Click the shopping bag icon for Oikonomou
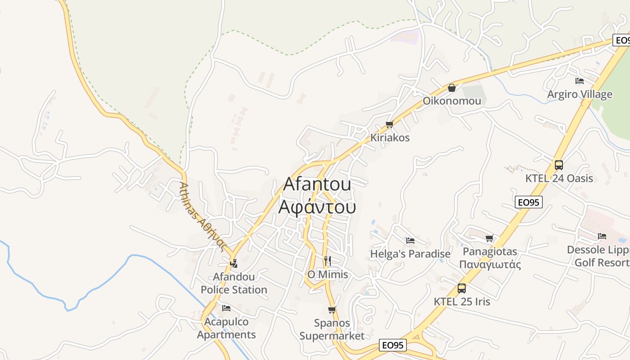pos(451,88)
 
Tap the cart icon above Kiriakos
pos(390,125)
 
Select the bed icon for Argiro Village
pos(580,81)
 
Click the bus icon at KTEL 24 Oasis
pos(558,165)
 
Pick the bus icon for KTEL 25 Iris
pos(462,288)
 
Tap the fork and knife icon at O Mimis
pos(328,261)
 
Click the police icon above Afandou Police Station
pos(234,263)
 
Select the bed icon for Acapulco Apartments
pos(226,308)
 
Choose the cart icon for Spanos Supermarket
pos(332,310)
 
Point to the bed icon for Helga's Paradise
pos(410,241)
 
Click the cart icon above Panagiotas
pos(490,238)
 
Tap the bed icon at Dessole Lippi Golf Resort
pos(602,236)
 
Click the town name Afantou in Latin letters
pos(317,184)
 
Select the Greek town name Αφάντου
pos(317,207)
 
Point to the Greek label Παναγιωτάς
pos(490,264)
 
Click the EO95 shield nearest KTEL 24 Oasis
pos(529,202)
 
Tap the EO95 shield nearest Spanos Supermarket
pos(393,345)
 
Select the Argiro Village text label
pos(580,94)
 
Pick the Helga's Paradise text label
pos(410,254)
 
